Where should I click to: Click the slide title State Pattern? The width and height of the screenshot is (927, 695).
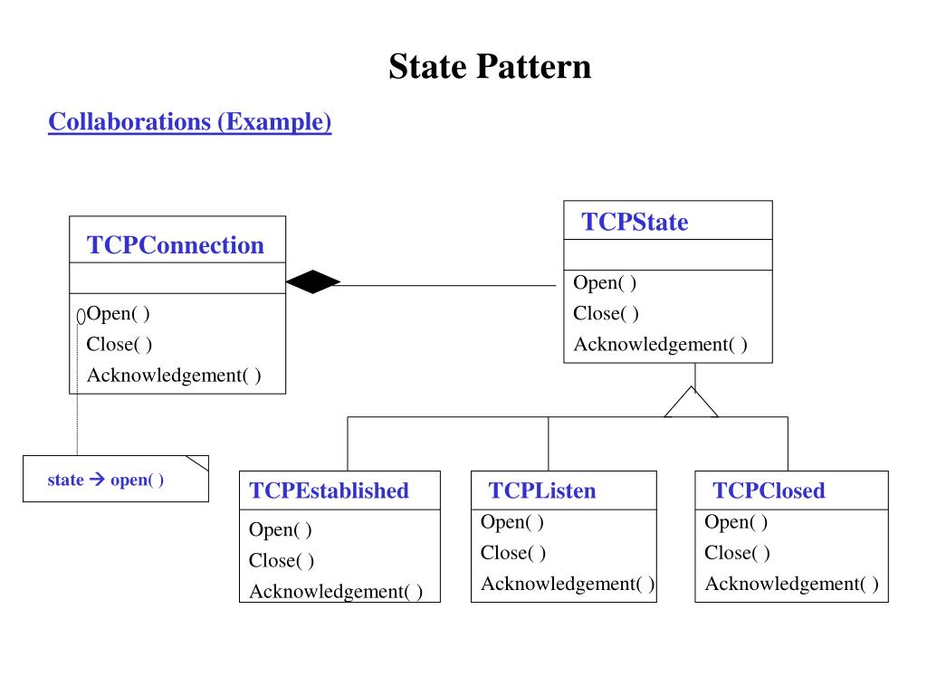[490, 66]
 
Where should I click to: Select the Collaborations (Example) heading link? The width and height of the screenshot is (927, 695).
[190, 122]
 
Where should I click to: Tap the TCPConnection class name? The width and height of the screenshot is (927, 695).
[176, 245]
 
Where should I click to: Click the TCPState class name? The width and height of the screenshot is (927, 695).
[635, 223]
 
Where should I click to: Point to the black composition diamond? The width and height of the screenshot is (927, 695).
[312, 282]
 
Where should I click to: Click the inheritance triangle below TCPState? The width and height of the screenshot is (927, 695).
[691, 402]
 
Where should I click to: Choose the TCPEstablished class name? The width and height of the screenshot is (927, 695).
[330, 490]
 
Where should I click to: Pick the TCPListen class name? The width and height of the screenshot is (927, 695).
[542, 490]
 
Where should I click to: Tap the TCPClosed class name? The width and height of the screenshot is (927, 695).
[769, 490]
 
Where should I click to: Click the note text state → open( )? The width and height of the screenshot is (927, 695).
[105, 480]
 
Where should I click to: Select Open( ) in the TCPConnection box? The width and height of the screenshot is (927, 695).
[119, 314]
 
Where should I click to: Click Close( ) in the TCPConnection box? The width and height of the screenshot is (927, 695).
[119, 345]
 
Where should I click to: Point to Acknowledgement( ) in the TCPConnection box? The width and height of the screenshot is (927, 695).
[174, 376]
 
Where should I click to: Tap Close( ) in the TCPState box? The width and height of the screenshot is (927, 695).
[606, 314]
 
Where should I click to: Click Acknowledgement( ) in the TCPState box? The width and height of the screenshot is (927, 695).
[660, 345]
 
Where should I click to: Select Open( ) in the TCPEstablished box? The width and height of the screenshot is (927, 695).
[281, 530]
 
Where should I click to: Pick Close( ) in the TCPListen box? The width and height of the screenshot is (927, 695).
[513, 553]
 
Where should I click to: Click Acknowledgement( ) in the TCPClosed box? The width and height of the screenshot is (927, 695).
[791, 584]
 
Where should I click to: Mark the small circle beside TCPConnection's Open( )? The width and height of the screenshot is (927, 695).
[81, 317]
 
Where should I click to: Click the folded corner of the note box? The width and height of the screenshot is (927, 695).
[198, 462]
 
